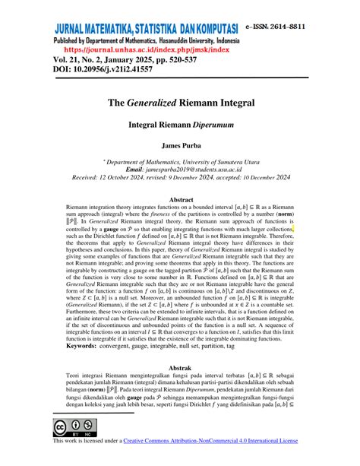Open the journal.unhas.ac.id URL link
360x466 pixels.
coord(140,48)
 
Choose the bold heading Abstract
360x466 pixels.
coord(180,200)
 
